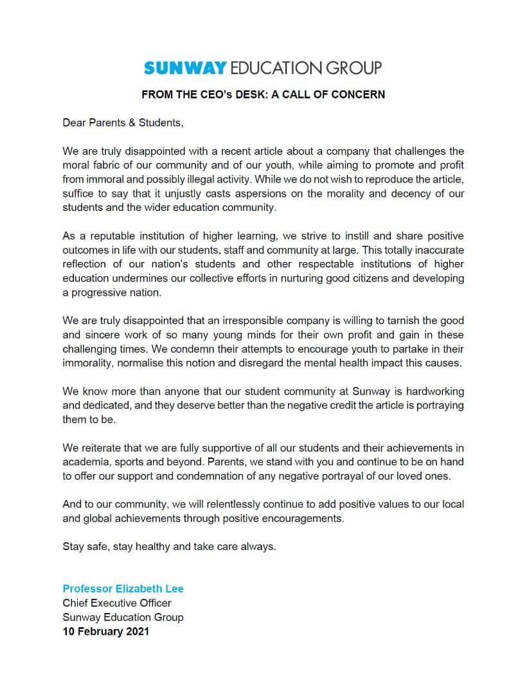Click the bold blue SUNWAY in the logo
pos(185,67)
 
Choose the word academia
pos(86,462)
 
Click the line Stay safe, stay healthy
pos(169,547)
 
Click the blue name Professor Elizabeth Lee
pos(123,589)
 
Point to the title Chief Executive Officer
pos(117,603)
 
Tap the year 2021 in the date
pos(136,631)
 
